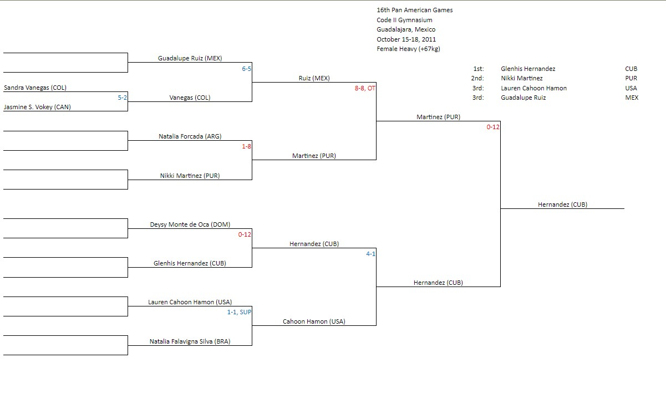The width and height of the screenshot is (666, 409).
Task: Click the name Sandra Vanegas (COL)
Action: tap(35, 88)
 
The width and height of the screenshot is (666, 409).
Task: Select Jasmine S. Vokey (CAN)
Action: tap(38, 107)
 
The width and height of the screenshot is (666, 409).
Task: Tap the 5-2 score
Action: tap(123, 98)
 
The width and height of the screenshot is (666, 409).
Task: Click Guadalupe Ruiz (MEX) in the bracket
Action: tap(190, 58)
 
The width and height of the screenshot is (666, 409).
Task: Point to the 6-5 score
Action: tap(246, 69)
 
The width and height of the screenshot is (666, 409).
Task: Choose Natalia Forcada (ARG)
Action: tap(190, 136)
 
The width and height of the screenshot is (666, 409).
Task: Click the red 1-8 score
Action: tap(246, 146)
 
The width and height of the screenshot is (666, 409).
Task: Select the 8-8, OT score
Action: tap(365, 88)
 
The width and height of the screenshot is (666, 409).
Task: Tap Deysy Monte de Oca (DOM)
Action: tap(190, 224)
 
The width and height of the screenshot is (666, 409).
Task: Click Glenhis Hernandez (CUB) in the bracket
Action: tap(190, 263)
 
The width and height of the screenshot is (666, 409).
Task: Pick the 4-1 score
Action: tap(370, 254)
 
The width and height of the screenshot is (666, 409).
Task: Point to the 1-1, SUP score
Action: tap(239, 312)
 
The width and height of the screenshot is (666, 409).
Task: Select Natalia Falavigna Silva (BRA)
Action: tap(190, 341)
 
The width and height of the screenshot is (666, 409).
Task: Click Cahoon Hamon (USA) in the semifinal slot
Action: tap(314, 321)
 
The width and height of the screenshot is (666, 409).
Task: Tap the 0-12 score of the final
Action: tap(493, 127)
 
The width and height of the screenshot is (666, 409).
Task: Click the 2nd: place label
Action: tap(477, 78)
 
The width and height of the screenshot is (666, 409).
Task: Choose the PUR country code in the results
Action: tap(631, 78)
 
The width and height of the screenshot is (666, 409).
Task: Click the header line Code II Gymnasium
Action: tap(404, 20)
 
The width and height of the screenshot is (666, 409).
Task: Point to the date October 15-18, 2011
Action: tap(406, 39)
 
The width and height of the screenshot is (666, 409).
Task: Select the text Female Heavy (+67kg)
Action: tap(408, 49)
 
